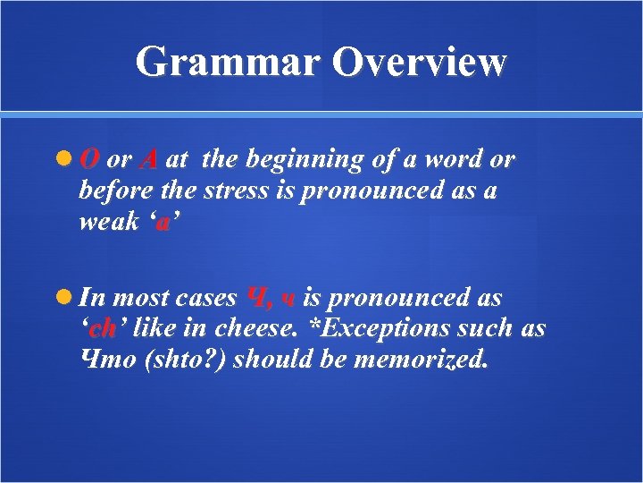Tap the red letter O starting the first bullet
tap(89, 160)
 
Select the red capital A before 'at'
tap(149, 160)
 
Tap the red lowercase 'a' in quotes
tap(162, 222)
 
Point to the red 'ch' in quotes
tap(104, 328)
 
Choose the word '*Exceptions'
tap(368, 328)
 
